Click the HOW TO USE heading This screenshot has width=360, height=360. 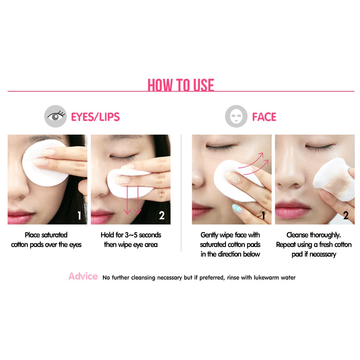pos(181,85)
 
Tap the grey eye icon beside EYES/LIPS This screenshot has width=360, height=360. pos(55,116)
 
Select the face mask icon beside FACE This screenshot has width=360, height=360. pos(236,116)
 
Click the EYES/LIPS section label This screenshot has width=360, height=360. pos(95,117)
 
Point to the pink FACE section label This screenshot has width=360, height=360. pos(264,117)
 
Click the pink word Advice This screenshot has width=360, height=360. pos(83,276)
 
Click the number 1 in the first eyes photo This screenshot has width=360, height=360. pos(79,215)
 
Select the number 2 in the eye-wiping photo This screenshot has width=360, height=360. pos(162,215)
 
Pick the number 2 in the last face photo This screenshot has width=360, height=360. pos(346,215)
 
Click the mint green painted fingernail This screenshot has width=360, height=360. pos(237,208)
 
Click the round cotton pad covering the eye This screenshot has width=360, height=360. pos(45,163)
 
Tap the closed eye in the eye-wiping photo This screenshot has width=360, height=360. pos(123,157)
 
